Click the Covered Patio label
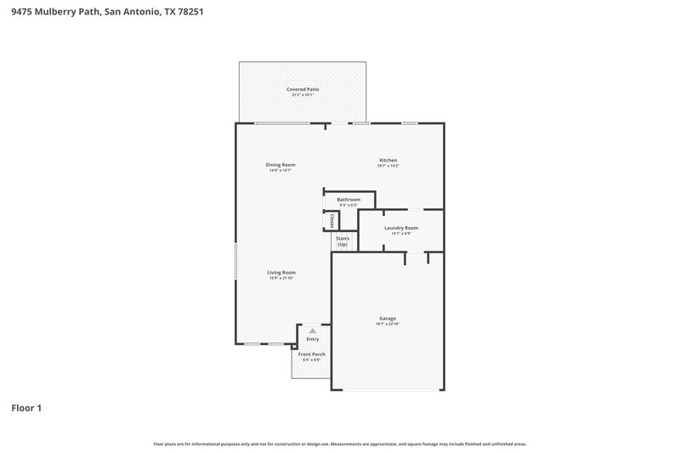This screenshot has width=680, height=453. click(302, 89)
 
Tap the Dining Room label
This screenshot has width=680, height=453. click(280, 165)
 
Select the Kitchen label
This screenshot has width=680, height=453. click(388, 160)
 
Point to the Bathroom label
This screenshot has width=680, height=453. click(348, 200)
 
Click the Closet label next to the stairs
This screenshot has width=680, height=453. click(331, 221)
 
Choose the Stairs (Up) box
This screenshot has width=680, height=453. click(343, 241)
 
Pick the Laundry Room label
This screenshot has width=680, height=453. click(400, 228)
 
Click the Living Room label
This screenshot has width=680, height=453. click(281, 273)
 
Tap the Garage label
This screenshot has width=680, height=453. click(388, 319)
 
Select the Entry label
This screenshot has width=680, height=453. click(313, 339)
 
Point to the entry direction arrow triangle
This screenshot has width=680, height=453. click(313, 330)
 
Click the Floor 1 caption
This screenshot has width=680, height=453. click(26, 408)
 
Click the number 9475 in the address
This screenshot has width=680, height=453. click(23, 12)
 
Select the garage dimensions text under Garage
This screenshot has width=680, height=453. click(388, 325)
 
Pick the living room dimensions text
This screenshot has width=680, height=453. click(281, 279)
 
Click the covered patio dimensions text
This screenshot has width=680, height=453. click(302, 95)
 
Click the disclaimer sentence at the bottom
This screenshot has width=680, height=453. click(340, 444)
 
